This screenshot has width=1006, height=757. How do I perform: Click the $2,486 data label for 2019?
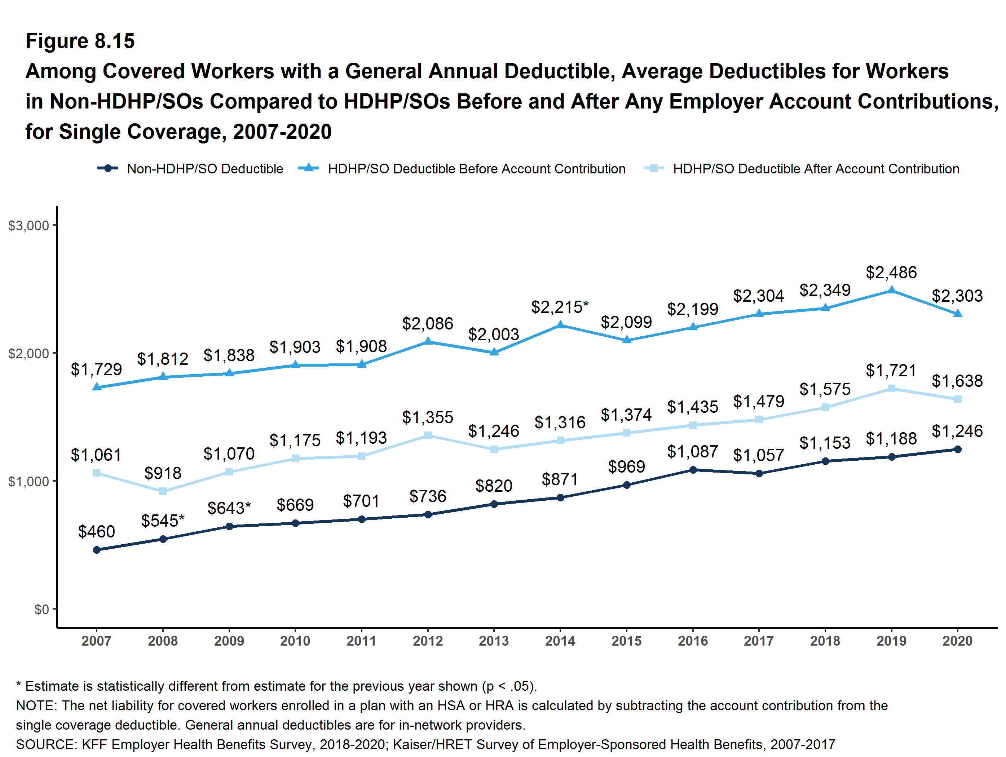(891, 272)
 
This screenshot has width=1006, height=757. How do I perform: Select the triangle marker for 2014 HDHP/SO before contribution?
(560, 325)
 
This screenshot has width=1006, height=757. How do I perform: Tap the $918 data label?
(163, 473)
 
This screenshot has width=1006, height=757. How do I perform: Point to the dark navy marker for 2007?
(96, 550)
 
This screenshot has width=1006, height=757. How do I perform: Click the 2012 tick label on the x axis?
(428, 641)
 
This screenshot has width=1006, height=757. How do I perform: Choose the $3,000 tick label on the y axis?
(28, 226)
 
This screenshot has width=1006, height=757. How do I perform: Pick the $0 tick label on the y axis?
(41, 609)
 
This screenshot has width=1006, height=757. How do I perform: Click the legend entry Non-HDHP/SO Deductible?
(205, 169)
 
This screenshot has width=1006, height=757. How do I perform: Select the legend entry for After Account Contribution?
(816, 169)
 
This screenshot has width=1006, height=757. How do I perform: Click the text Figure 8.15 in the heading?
(80, 41)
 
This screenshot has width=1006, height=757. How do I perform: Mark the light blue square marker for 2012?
(428, 435)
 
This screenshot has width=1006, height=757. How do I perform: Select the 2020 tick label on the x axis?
(957, 641)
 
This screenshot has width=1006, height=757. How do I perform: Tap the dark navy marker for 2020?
(957, 449)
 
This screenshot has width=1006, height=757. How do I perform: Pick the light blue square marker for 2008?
(163, 491)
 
